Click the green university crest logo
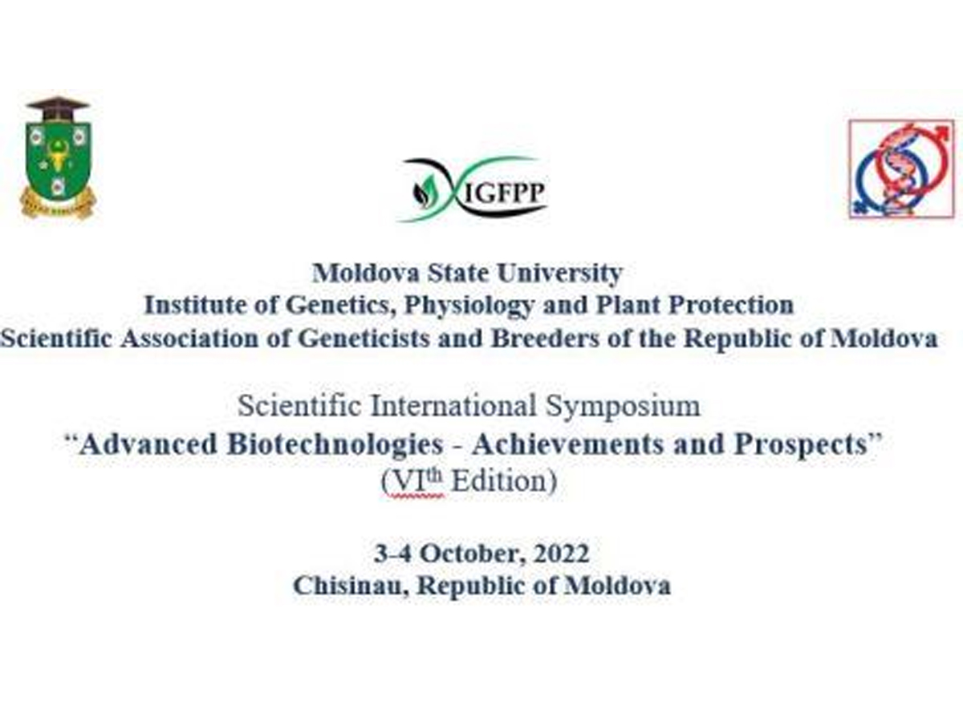pos(58,156)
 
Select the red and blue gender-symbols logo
pos(901,168)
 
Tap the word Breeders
pos(545,339)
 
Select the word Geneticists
pos(364,339)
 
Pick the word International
pos(453,405)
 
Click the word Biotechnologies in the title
pos(335,444)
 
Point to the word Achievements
pos(567,444)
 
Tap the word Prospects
pos(801,444)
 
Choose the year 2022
pos(561,554)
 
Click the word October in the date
pos(472,554)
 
